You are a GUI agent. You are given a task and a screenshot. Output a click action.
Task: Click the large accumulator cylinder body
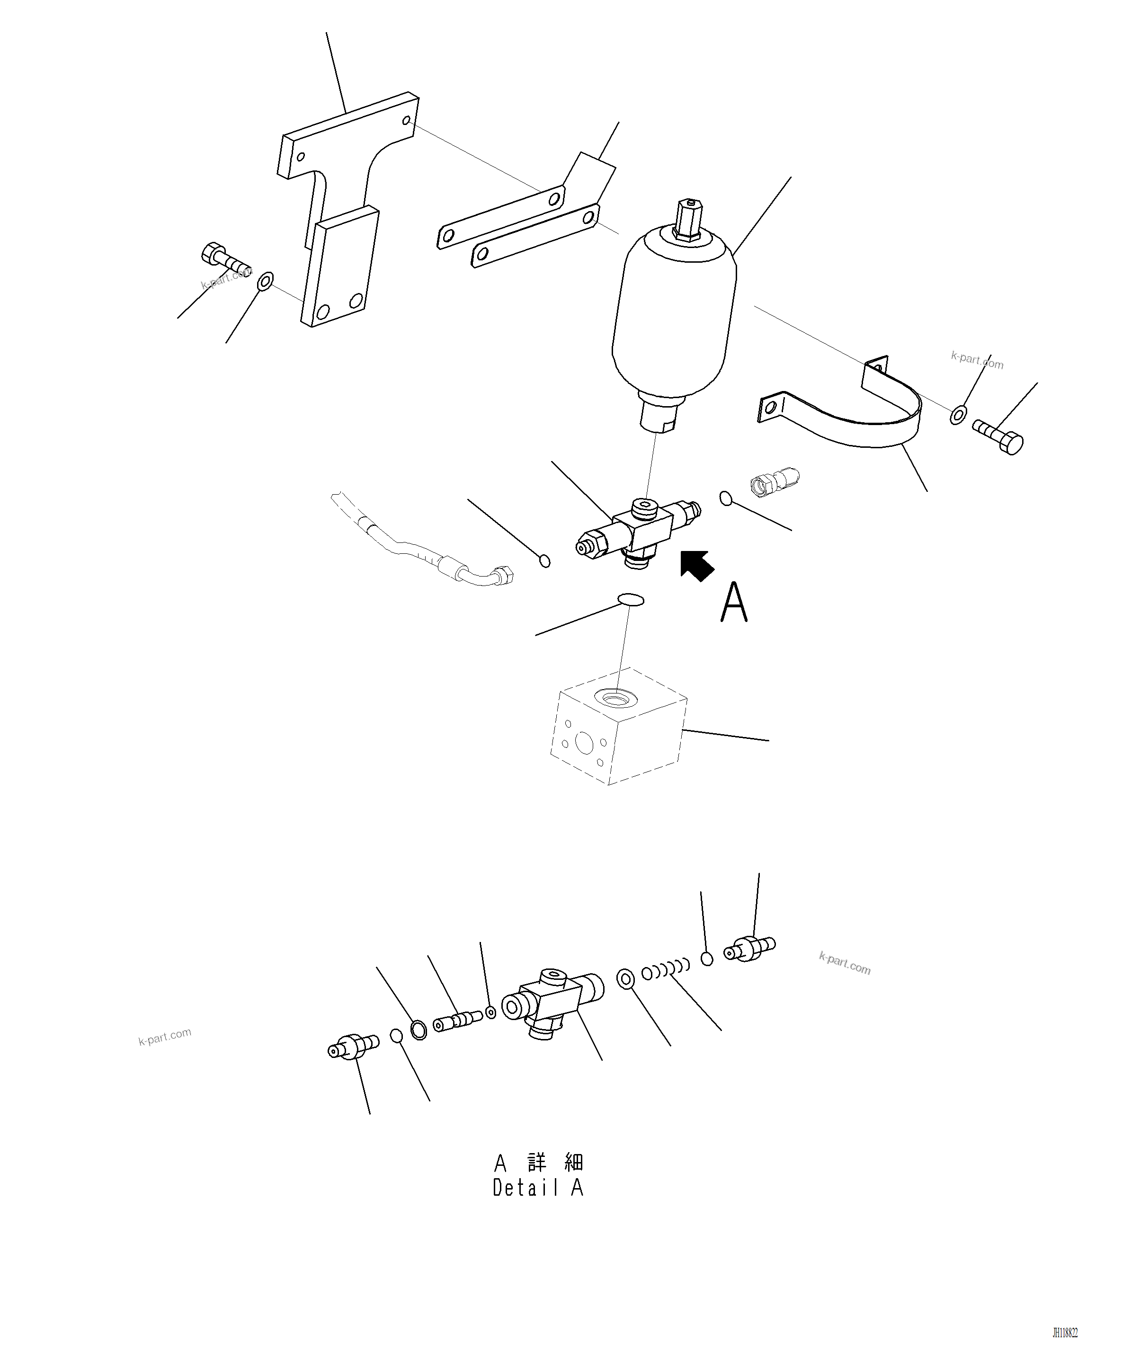pos(673,317)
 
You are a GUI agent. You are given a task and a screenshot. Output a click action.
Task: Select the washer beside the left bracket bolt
pos(265,282)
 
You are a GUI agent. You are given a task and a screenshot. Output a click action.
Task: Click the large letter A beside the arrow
pos(734,603)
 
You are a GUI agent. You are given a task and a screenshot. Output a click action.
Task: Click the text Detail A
pos(538,1188)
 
